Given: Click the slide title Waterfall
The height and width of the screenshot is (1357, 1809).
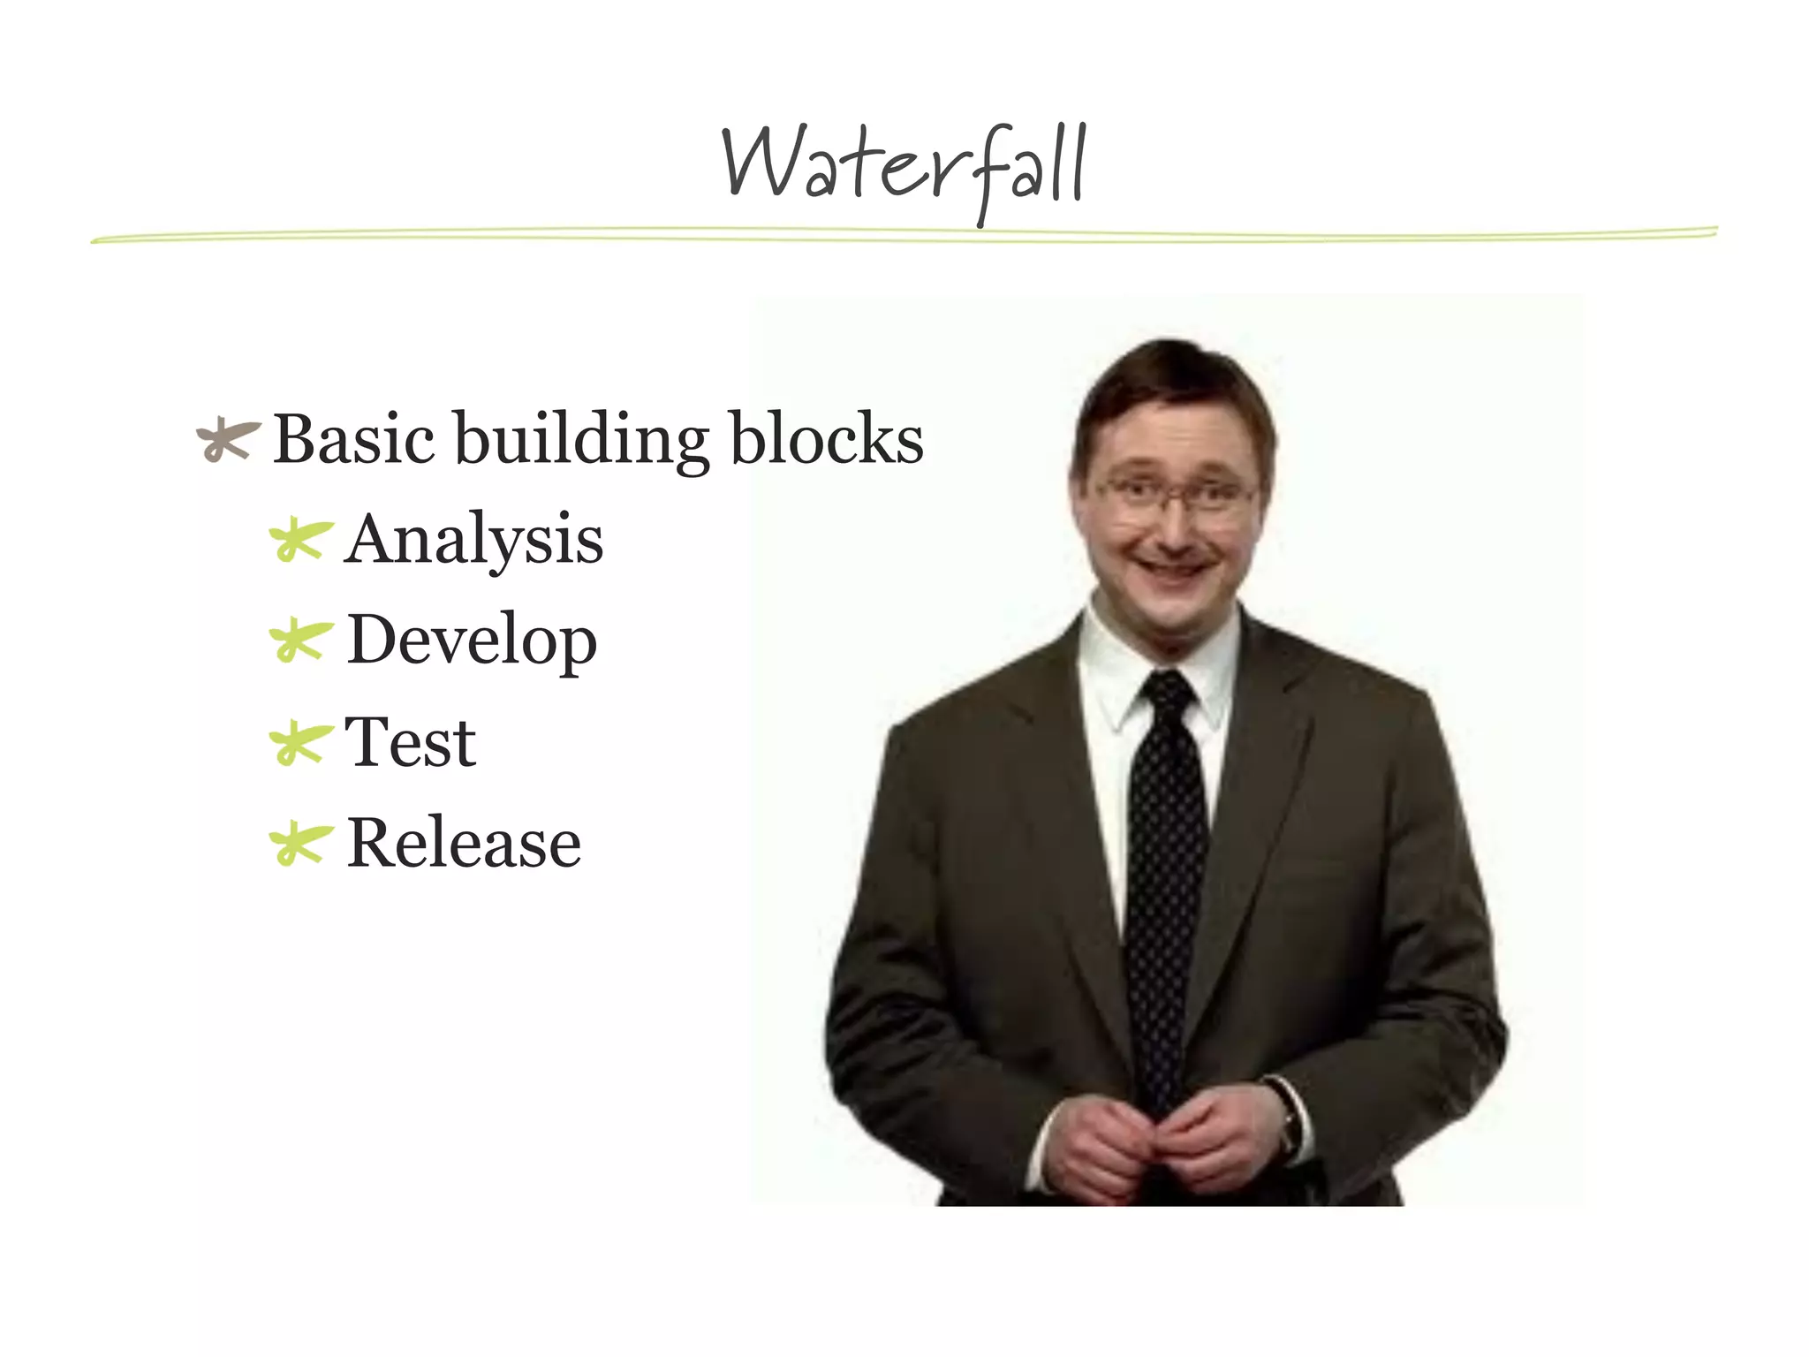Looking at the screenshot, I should [904, 168].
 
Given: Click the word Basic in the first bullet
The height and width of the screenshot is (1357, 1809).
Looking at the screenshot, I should [354, 439].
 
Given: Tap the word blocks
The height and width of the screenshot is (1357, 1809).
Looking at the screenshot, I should [826, 439].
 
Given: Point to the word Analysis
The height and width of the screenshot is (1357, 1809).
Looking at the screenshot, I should [474, 540].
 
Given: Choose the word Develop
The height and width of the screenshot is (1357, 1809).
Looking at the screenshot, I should [473, 641].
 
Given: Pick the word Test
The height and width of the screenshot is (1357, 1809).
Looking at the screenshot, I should [411, 742].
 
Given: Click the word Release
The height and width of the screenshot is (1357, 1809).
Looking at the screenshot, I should [464, 844].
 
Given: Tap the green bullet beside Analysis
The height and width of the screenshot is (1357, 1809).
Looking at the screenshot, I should [300, 540].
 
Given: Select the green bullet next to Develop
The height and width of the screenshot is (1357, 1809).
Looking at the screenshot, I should [300, 641].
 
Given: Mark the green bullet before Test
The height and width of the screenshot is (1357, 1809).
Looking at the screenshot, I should [300, 743].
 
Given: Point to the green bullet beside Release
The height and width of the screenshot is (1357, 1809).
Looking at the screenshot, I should [300, 845].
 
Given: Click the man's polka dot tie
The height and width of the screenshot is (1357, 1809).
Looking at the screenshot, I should [1166, 883].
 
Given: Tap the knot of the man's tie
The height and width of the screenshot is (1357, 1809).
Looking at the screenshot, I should [1168, 694].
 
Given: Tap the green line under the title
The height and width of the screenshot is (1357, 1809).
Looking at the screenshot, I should [904, 235].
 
